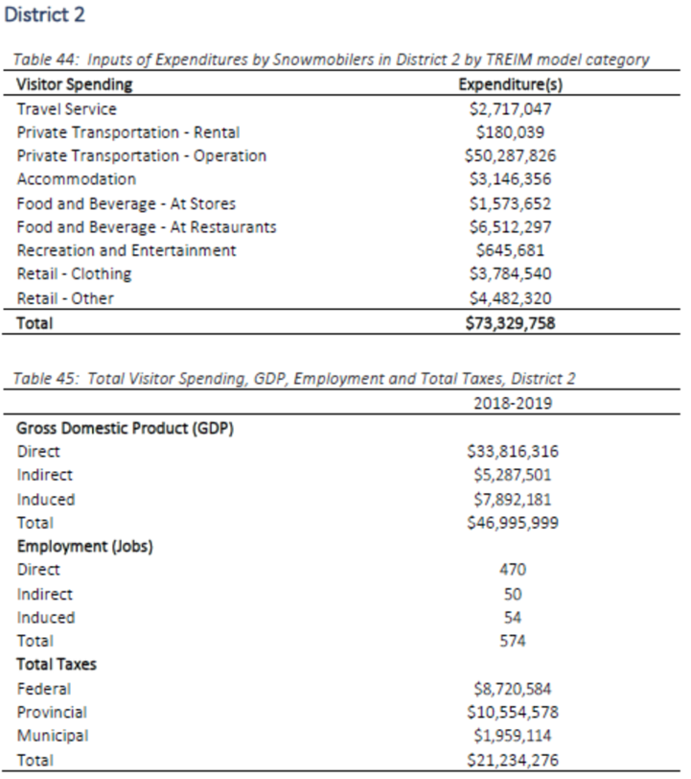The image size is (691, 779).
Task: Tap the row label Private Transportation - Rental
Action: (x=128, y=132)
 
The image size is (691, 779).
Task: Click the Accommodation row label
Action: (x=76, y=179)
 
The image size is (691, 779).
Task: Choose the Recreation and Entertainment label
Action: (x=127, y=250)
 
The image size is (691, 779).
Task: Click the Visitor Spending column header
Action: (x=75, y=84)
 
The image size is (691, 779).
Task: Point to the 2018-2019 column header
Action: (x=513, y=403)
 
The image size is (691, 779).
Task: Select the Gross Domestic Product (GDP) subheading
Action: (x=126, y=428)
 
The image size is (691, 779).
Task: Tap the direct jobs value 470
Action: (x=513, y=570)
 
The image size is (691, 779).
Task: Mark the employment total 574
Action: (x=513, y=641)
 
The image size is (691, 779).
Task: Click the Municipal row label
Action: (x=53, y=736)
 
